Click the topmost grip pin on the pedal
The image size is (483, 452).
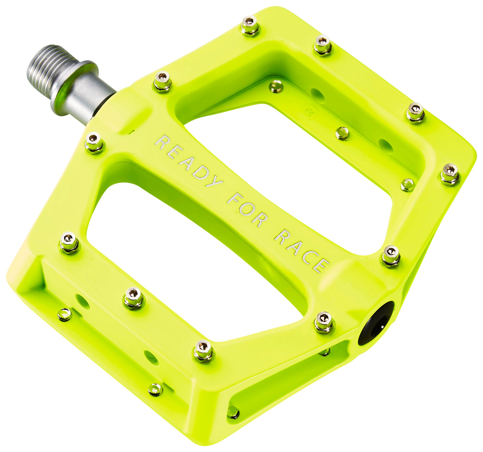pos(250,26)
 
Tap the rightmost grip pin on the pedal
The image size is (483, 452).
pos(450,174)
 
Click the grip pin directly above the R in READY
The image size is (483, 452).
pos(162,81)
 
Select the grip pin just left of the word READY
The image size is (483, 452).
pos(94,142)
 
